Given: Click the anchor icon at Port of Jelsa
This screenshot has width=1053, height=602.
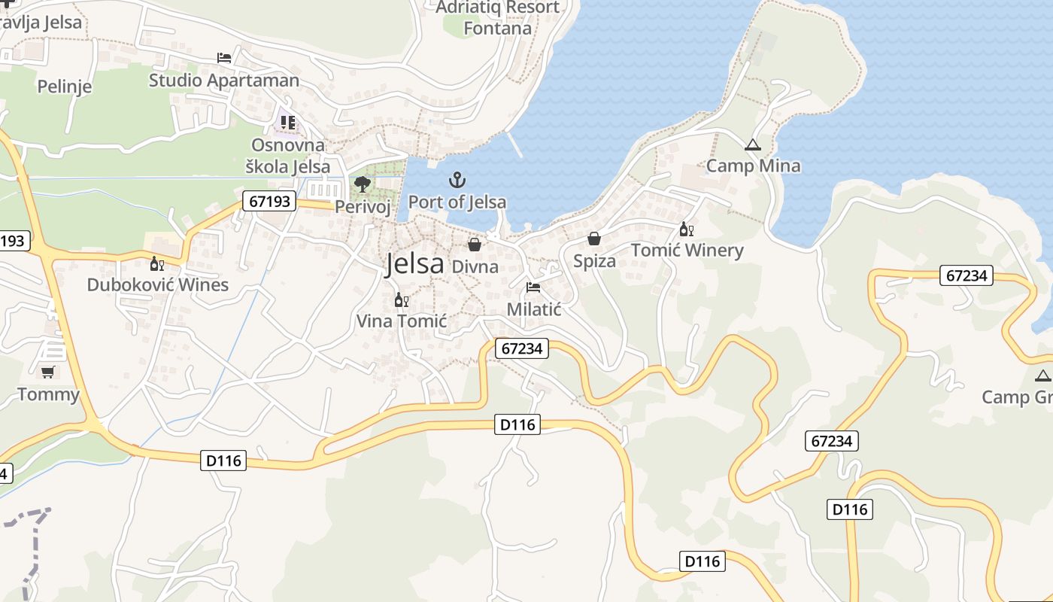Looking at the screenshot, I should pos(457,180).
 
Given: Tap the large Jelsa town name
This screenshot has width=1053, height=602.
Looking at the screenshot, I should pos(414,264).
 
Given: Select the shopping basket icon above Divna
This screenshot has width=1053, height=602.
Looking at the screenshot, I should pos(475,244).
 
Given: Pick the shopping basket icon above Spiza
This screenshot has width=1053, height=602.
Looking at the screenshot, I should pos(594,239).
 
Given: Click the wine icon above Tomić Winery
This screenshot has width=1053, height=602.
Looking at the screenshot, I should pos(685,229).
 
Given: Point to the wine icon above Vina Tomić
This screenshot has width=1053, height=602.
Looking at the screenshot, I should pos(401,300).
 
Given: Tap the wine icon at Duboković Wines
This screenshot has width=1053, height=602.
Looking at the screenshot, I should pos(156,263).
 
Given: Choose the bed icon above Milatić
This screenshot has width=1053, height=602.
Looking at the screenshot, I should pos(533,287).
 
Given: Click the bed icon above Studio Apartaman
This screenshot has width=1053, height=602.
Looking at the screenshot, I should pos(223,58).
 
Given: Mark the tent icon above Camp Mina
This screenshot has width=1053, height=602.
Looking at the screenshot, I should pos(752,144).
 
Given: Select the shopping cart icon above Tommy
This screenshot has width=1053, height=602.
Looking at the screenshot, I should pos(48,372).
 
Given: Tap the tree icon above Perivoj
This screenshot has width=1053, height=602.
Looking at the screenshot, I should pos(363,184).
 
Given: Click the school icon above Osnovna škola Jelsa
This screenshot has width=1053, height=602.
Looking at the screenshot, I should pos(287,122).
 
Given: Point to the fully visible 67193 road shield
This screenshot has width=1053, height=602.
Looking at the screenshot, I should pos(269,201).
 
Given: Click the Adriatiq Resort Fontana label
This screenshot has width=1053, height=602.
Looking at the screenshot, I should pos(498,18).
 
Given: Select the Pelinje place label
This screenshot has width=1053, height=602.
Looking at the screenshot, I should pos(65,87).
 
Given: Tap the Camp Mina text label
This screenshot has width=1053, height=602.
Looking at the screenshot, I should pos(753,166).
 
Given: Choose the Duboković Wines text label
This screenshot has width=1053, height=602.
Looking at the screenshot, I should pos(158,284).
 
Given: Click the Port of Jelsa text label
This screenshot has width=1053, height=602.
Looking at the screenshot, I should pos(457,202).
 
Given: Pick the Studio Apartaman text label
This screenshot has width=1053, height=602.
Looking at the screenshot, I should pos(224,80).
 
